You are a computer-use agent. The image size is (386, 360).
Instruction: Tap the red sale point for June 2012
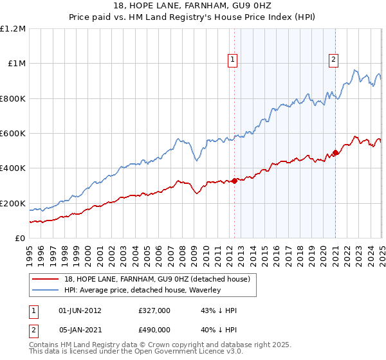[234, 181]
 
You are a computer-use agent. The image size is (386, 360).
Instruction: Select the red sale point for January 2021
[335, 152]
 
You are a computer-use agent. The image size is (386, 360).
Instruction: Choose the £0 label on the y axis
[20, 239]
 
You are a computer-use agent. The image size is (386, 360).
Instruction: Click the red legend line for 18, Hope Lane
[46, 279]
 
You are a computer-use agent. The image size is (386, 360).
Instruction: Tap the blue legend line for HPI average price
[46, 291]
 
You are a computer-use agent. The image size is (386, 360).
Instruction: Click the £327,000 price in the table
[154, 310]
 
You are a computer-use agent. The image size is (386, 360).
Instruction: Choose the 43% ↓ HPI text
[219, 310]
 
